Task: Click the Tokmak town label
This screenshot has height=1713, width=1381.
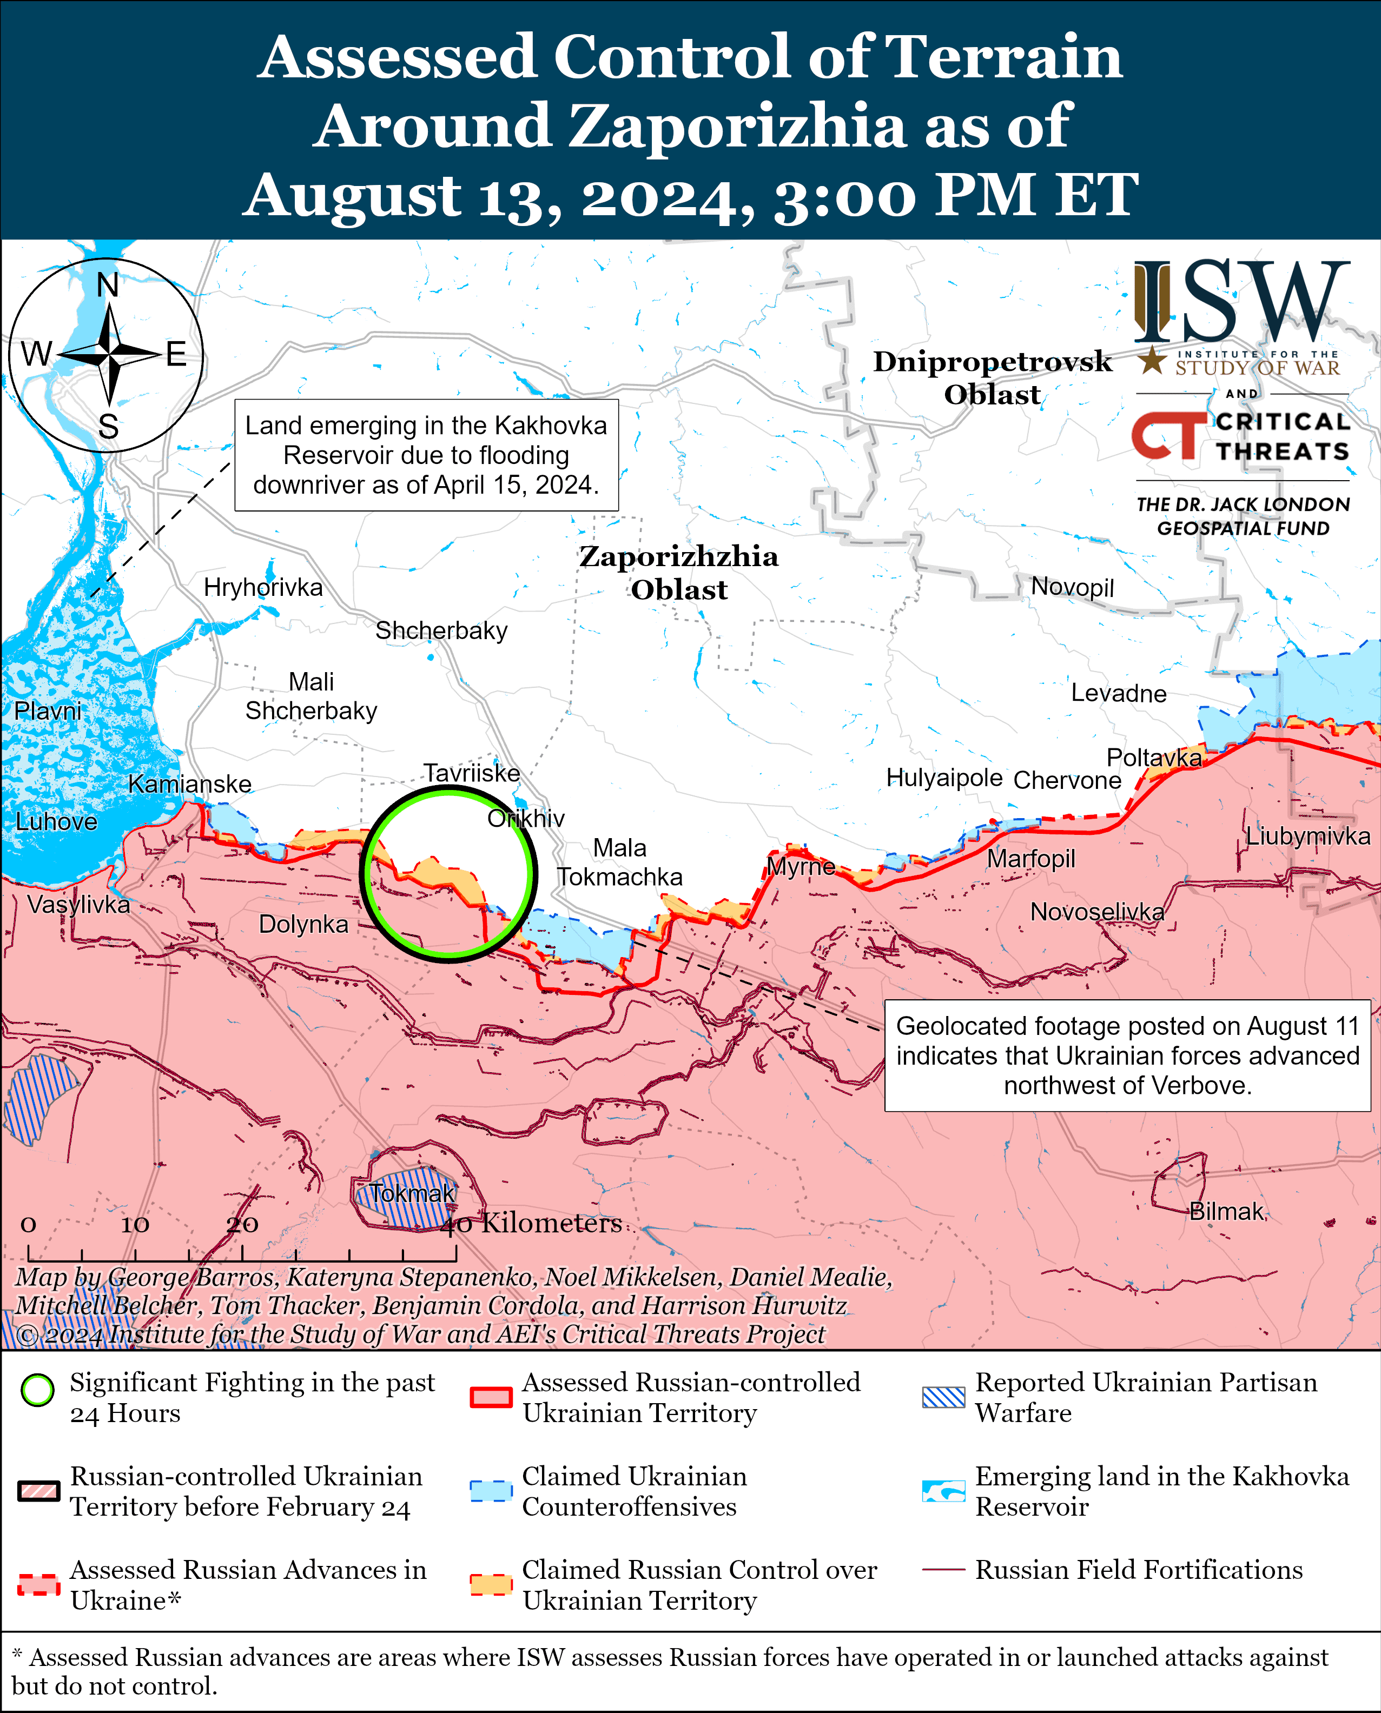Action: [x=412, y=1193]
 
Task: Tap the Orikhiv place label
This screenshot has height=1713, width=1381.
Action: [x=526, y=818]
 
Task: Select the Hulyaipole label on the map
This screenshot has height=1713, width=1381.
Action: [x=944, y=777]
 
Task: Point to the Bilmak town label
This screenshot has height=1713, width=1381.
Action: [x=1226, y=1211]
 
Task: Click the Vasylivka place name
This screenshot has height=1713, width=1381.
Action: [x=79, y=904]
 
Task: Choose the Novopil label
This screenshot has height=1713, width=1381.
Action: [x=1072, y=587]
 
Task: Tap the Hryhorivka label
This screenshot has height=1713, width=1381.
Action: [x=263, y=587]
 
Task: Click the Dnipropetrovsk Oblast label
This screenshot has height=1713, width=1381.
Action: [x=992, y=377]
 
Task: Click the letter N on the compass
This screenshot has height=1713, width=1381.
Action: [x=108, y=285]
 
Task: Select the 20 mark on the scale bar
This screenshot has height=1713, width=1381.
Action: [x=242, y=1224]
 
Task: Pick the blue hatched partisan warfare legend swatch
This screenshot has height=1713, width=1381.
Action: [x=943, y=1397]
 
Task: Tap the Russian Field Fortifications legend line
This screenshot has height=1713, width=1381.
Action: [x=943, y=1570]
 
